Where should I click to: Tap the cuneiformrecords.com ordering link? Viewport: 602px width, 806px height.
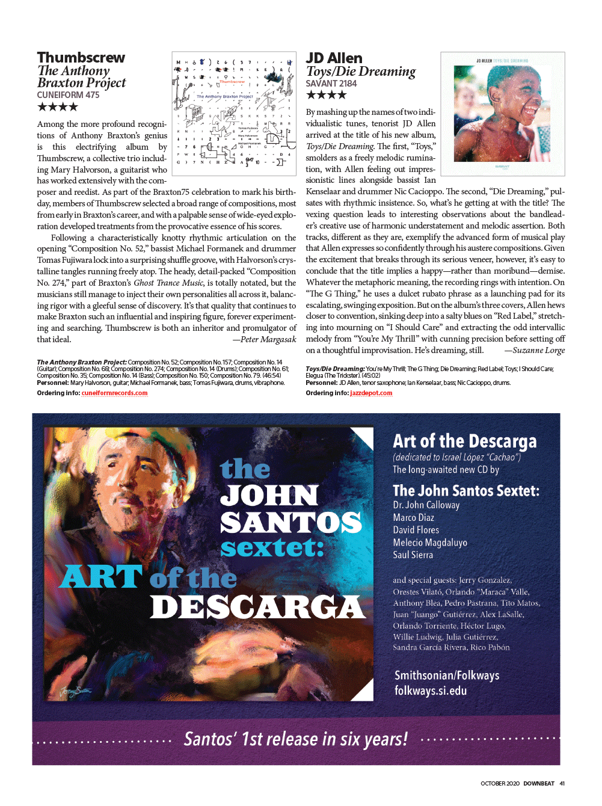114,393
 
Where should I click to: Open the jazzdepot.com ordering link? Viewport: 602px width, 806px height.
371,393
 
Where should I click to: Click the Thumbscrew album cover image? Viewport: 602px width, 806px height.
234,114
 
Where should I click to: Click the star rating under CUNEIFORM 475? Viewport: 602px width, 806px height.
58,107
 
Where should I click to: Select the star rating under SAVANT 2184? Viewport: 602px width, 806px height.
326,94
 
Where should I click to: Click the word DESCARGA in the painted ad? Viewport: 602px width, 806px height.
257,608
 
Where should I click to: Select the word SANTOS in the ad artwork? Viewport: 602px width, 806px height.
291,522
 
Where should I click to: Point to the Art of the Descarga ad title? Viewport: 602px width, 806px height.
464,441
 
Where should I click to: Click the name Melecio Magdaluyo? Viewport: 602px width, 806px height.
430,543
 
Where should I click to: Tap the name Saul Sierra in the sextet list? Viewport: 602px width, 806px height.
413,555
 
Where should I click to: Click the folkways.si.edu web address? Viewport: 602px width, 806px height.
431,691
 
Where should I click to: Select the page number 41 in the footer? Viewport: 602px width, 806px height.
562,784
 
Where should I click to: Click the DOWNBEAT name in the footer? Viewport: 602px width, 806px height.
538,784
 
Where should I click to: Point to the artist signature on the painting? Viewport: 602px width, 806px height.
76,691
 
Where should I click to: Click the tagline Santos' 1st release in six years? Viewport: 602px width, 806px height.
295,739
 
